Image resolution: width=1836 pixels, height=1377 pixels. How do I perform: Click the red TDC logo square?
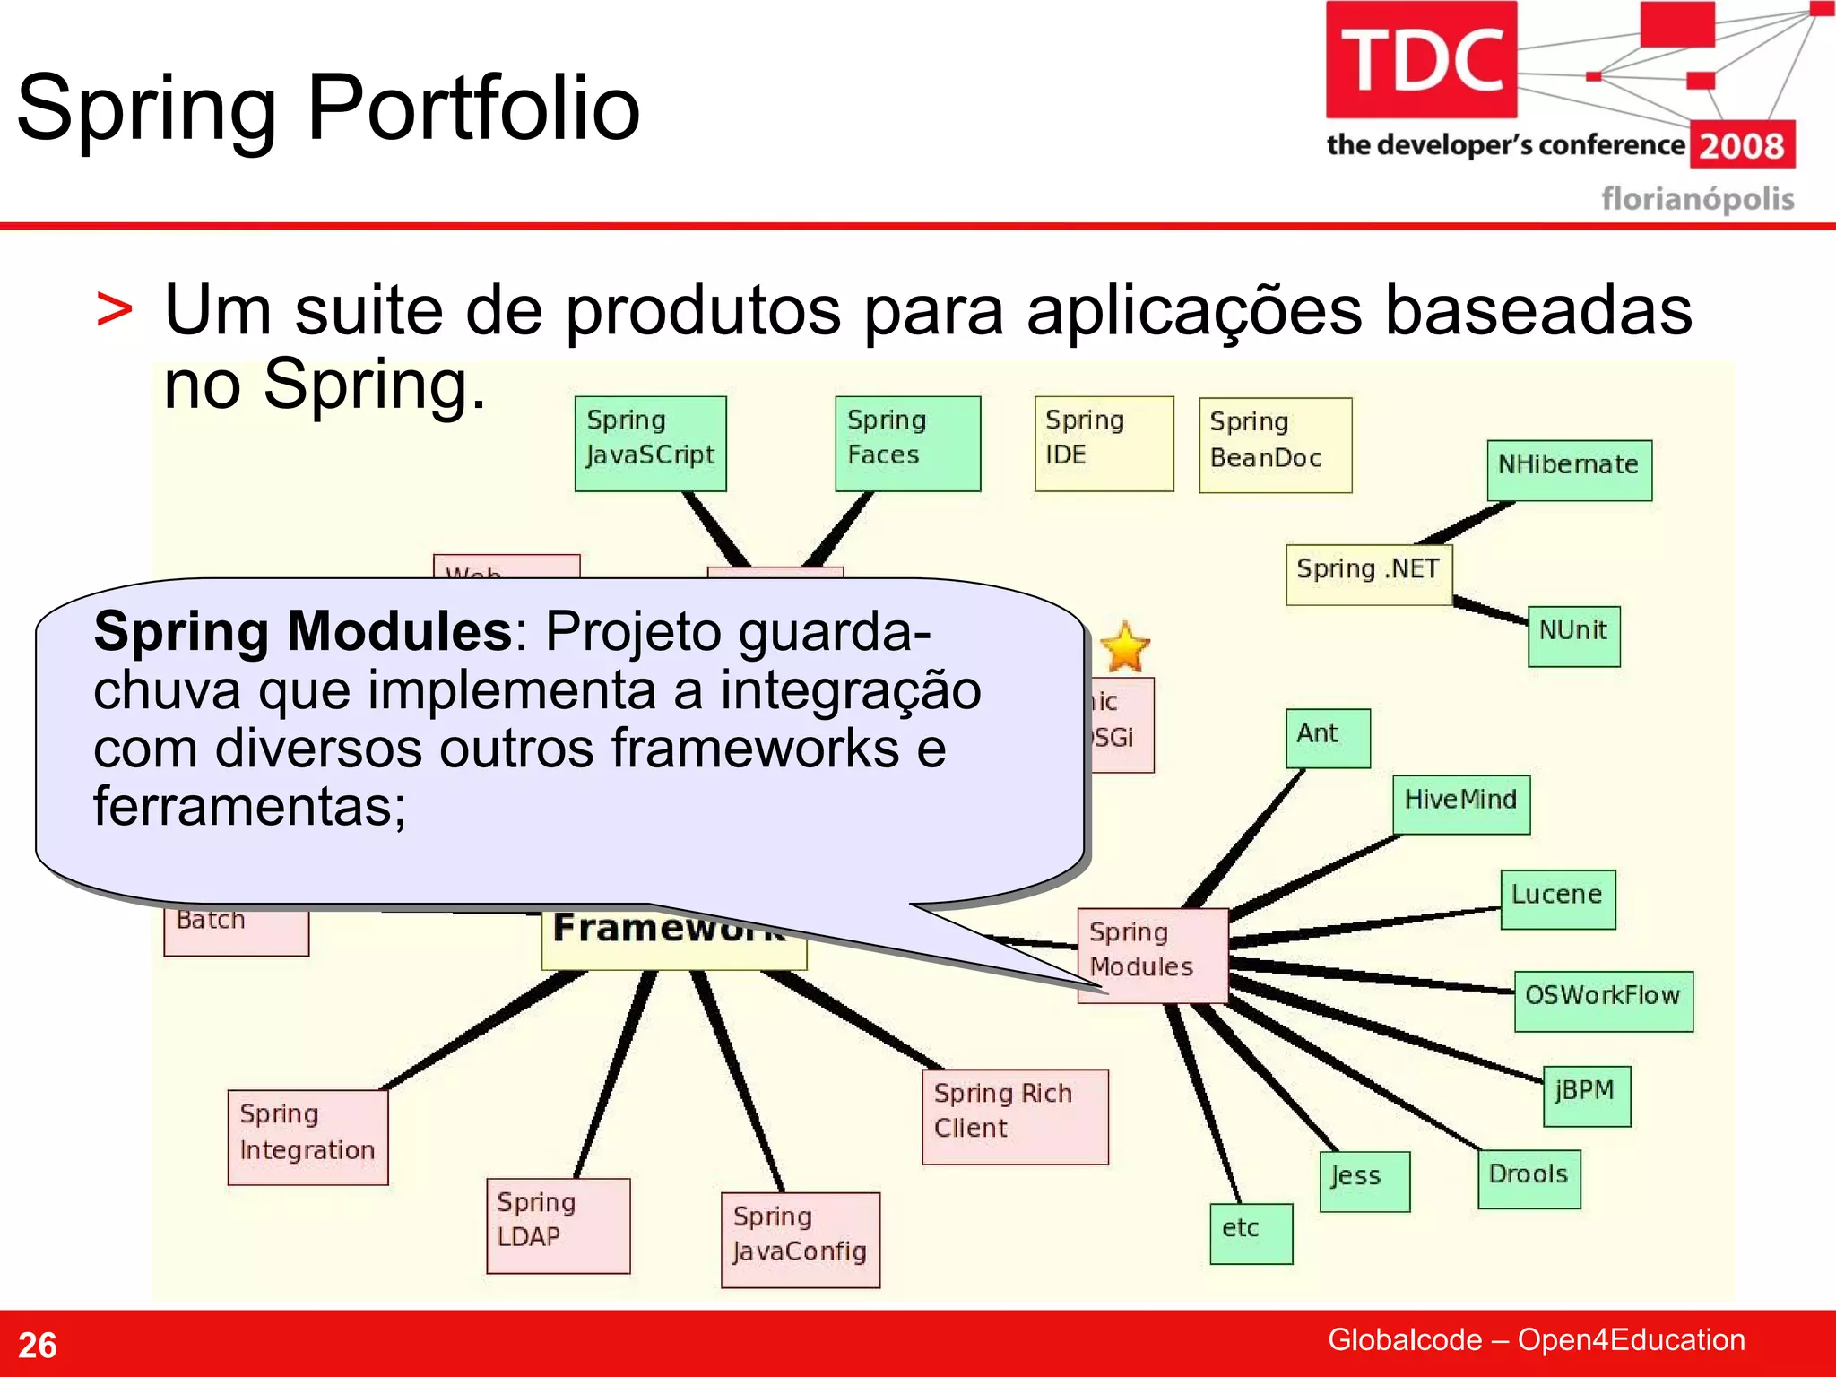click(1421, 60)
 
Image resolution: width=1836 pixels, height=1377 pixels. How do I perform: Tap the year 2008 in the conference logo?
click(1742, 146)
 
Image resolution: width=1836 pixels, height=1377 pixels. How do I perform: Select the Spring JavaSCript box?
click(651, 444)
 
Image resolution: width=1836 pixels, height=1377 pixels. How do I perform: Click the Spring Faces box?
click(907, 444)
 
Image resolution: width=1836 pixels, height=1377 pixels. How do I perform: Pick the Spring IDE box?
click(1104, 444)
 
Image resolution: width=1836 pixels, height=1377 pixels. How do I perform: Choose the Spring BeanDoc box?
click(1275, 446)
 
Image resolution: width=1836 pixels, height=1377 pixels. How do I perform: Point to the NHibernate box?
click(1569, 470)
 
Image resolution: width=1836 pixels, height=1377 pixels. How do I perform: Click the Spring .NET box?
click(1369, 575)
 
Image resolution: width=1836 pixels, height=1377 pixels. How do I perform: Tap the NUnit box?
click(1573, 636)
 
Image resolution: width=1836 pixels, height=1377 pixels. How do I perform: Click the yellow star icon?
click(1124, 648)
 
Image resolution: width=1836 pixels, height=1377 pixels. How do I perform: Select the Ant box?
click(1328, 738)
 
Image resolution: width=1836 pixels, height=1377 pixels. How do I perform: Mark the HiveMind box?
click(1461, 804)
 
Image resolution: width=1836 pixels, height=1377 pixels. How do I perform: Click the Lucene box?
click(1557, 899)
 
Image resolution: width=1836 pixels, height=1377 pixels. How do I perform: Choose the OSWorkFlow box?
click(1603, 1000)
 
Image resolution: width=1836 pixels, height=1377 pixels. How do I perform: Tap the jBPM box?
click(1586, 1096)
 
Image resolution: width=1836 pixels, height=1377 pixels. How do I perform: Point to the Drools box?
click(1529, 1179)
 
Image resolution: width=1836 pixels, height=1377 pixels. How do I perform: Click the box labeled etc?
click(1251, 1234)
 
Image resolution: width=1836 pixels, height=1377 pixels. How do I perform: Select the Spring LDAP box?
click(558, 1225)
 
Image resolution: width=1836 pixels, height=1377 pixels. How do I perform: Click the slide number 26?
click(38, 1345)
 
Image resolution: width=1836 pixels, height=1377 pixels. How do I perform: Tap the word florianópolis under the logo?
click(1698, 199)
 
